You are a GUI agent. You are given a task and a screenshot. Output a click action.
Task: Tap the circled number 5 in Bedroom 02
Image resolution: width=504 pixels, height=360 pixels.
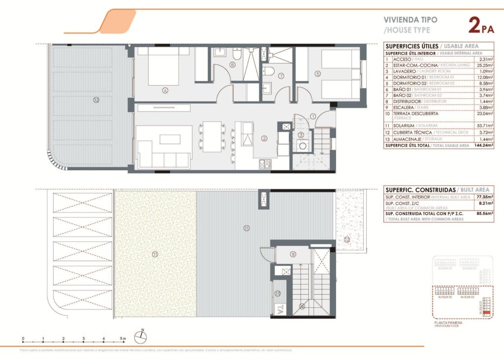[318, 74]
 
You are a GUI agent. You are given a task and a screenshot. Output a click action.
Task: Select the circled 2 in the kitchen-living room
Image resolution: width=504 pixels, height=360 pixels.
[264, 139]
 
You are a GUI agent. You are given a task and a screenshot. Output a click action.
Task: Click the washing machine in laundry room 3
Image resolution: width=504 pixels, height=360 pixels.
[301, 146]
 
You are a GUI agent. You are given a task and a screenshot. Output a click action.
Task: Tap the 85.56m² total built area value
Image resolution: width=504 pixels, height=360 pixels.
[485, 214]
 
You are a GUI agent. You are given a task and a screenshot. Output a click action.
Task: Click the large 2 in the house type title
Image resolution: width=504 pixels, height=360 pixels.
[474, 25]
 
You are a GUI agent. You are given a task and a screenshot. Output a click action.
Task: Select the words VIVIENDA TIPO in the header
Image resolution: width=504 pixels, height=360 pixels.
[410, 20]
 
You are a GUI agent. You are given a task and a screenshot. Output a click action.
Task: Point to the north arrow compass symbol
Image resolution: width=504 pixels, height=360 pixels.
[142, 336]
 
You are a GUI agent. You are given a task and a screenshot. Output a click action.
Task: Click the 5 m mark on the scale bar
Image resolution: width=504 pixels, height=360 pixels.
[124, 339]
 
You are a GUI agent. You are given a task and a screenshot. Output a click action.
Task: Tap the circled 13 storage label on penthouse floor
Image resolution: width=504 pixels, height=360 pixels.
[278, 293]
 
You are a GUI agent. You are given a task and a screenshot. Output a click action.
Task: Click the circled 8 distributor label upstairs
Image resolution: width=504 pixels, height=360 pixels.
[293, 254]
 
